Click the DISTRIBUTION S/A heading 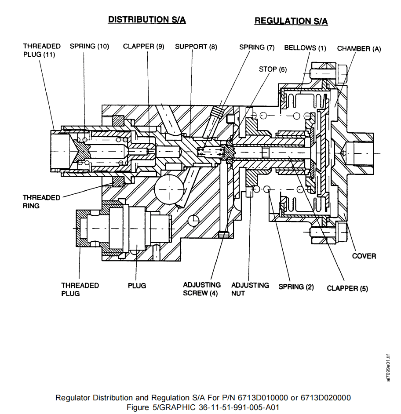coord(147,20)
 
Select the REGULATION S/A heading coord(291,21)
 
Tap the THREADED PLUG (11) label coord(42,51)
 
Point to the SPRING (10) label coord(89,46)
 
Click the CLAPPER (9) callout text coord(143,46)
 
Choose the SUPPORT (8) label coord(196,47)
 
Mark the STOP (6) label coord(273,69)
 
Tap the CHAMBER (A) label coord(359,49)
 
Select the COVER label coord(364,256)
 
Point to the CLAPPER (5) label coord(347,288)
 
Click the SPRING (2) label coord(296,287)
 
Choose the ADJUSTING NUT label coord(250,289)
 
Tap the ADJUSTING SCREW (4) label coord(202,289)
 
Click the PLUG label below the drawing coord(137,286)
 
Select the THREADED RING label coord(42,202)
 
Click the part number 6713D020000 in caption coord(325,398)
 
